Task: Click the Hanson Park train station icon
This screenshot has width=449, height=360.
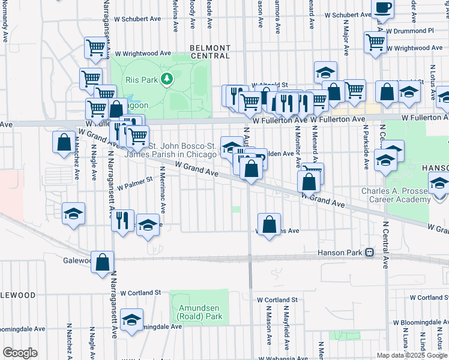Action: coord(370,253)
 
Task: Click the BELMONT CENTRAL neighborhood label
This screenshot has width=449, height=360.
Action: coord(209,52)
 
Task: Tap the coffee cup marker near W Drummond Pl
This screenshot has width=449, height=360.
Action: coord(382,8)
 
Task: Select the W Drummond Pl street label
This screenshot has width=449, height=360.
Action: coord(410,31)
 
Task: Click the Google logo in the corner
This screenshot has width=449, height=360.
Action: coord(20,352)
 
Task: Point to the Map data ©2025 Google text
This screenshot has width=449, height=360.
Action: coord(411,355)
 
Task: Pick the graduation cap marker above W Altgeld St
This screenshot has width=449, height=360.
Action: coord(325,72)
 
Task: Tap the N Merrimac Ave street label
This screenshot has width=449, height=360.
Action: coord(163,199)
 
